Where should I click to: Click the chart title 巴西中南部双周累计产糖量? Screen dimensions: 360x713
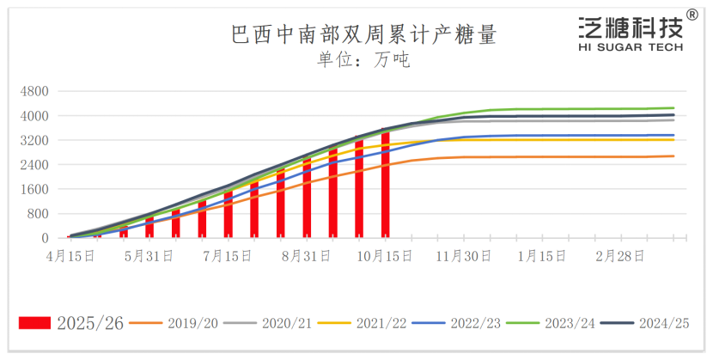364,35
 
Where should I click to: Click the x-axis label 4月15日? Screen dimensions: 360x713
70,255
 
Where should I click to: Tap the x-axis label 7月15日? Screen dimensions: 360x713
228,255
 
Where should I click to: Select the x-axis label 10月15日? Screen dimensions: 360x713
384,255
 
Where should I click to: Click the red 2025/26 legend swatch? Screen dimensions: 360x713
35,323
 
